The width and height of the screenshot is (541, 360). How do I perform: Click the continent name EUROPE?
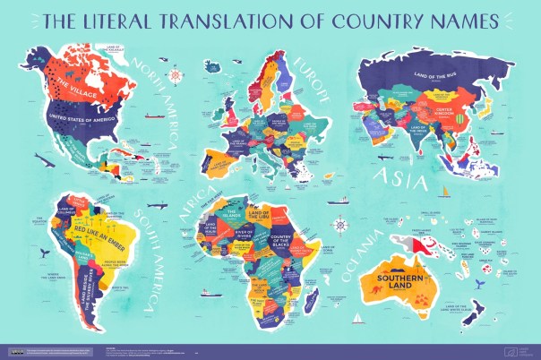[x=308, y=77]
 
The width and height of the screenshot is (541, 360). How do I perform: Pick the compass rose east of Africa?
[x=339, y=225]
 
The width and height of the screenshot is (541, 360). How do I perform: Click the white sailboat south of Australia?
[x=357, y=318]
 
